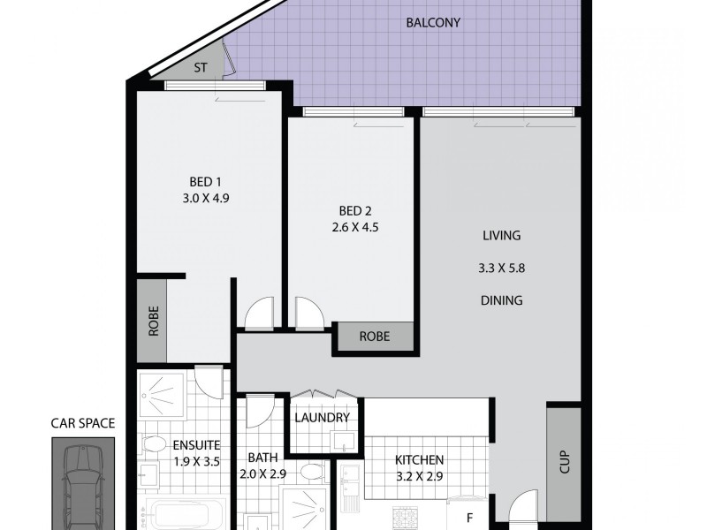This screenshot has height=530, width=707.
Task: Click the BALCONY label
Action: pos(433,23)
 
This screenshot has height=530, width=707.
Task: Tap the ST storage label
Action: pos(201,66)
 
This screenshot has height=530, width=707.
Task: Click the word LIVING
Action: pos(501,236)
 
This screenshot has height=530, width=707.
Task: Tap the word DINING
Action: pos(501,300)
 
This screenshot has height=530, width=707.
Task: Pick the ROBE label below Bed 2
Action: pos(373,337)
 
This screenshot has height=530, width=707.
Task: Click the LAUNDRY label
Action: pos(323,418)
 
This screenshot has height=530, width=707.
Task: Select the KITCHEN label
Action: pos(419,460)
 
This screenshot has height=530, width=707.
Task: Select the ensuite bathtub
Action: pos(183,514)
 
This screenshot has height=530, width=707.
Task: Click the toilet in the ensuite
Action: pos(154,444)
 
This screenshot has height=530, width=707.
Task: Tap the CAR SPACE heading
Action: pos(82,423)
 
